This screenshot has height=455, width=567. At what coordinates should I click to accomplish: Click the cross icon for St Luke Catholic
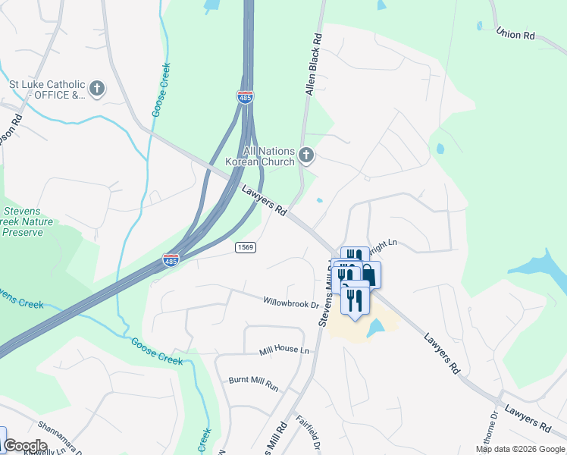[x=96, y=89]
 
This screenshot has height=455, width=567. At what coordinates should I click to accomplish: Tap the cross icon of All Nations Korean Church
[x=306, y=155]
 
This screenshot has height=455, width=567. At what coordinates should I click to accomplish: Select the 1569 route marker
[x=245, y=247]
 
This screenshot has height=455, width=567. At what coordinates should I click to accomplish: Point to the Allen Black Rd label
[x=313, y=65]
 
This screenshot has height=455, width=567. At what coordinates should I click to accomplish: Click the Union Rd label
[x=515, y=35]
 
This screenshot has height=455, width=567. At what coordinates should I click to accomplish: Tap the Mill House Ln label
[x=284, y=350]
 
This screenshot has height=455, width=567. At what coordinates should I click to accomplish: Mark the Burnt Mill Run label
[x=253, y=383]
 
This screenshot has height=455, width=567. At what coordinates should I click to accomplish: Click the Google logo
[x=25, y=446]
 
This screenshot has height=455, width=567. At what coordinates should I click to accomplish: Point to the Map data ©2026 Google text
[x=520, y=449]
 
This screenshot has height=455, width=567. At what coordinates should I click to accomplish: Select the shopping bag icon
[x=368, y=275]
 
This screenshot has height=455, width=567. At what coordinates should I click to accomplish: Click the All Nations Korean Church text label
[x=259, y=156]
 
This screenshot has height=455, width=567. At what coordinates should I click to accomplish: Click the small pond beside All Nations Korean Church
[x=319, y=201]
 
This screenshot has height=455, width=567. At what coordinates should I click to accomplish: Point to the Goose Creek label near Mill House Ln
[x=157, y=351]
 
